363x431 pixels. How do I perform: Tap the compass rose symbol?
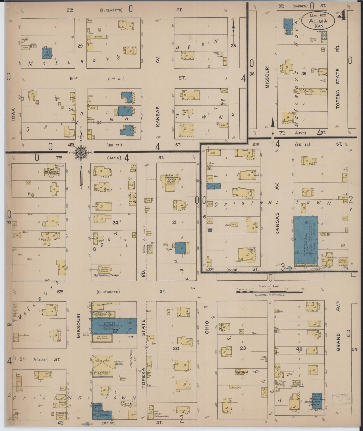pos(81,152)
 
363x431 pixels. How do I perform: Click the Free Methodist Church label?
pos(106,275)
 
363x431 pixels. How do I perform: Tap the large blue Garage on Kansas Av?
pos(306,241)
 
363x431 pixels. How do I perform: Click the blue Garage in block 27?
pos(114,326)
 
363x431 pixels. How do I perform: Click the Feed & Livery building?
pos(102,362)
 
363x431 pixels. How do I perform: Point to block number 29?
pos(80,46)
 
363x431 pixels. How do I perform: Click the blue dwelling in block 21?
pos(181,248)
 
